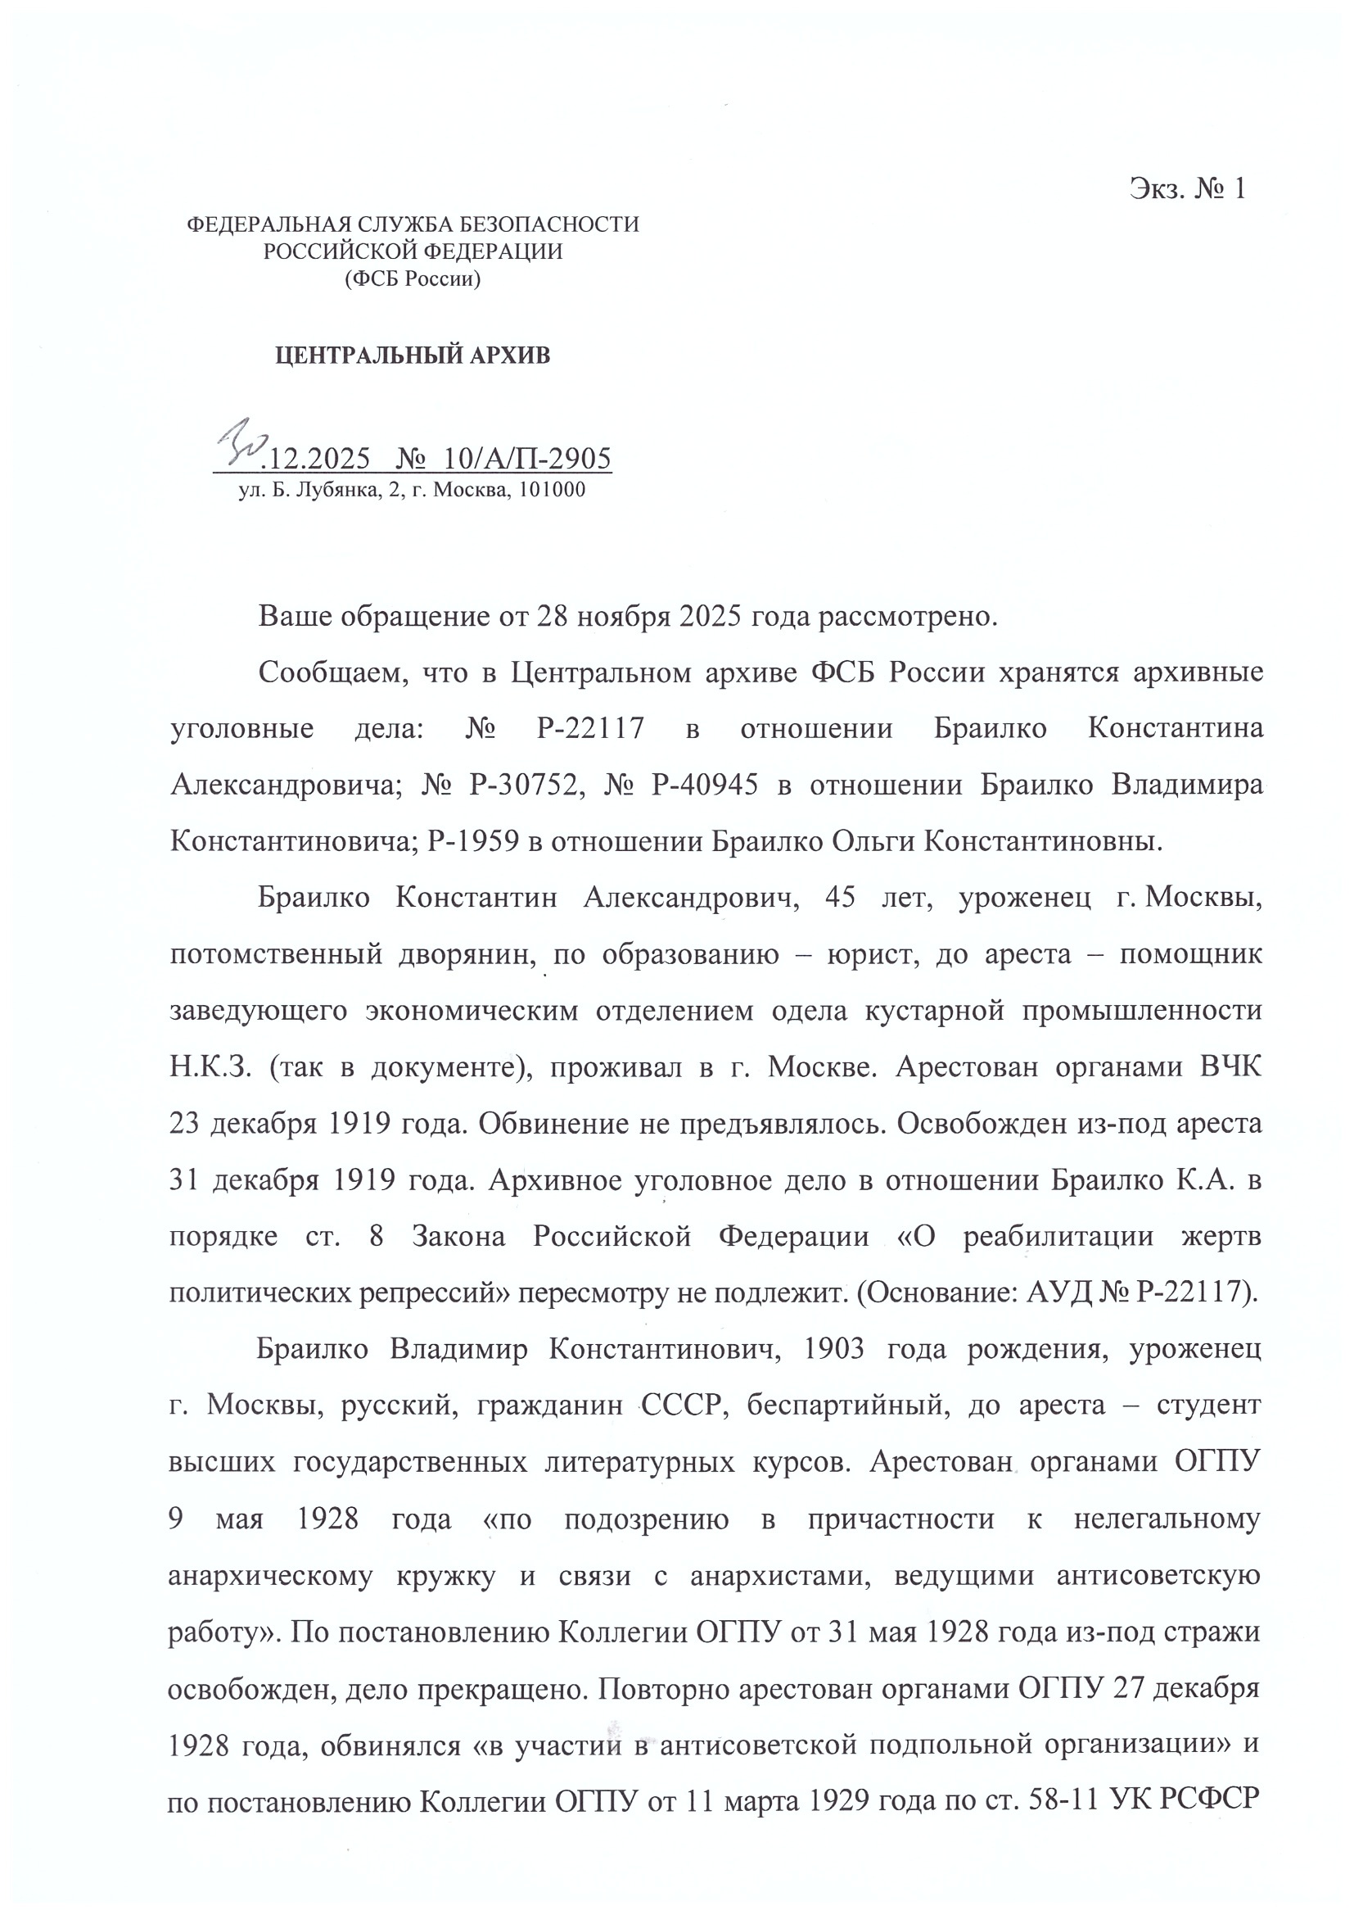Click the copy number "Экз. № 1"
pos(1187,189)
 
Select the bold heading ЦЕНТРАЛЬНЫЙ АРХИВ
pos(413,356)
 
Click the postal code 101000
pos(551,491)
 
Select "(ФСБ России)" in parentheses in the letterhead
pos(413,278)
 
